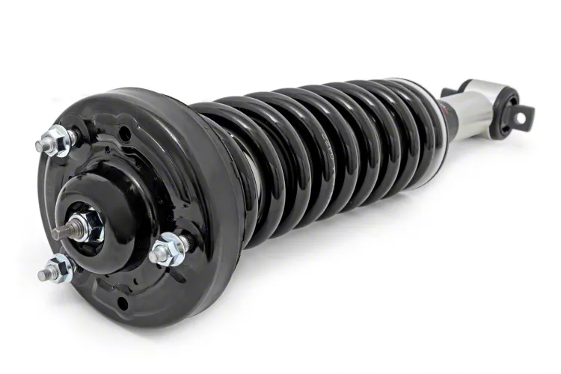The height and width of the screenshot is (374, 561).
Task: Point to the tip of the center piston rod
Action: click(58, 234)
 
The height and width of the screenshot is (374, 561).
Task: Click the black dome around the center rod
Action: click(105, 198)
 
